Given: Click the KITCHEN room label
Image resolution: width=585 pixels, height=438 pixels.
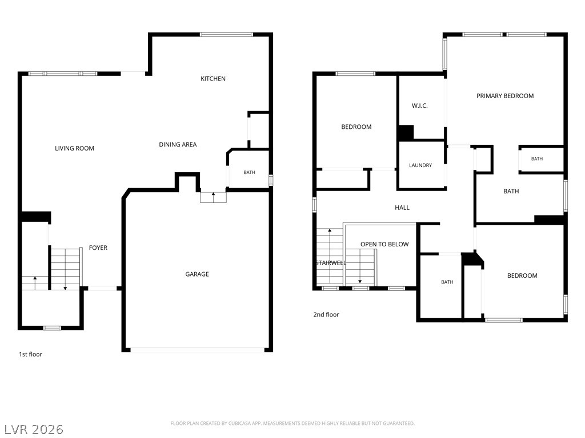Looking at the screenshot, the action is click(213, 79).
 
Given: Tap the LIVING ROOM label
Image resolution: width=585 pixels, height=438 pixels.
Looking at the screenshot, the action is click(74, 148).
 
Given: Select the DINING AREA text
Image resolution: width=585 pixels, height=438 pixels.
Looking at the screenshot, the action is click(178, 144).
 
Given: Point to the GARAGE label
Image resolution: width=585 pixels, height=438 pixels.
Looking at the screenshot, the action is click(197, 274).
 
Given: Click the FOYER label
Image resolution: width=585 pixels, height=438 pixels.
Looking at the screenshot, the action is click(98, 248).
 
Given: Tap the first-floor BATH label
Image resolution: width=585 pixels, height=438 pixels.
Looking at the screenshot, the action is click(249, 172).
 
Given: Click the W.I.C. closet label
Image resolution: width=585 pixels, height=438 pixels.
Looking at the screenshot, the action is click(420, 106).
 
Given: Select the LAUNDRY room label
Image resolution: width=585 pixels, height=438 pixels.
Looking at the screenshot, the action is click(420, 165).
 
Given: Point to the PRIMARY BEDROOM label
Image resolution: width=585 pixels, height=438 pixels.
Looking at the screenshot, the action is click(505, 96).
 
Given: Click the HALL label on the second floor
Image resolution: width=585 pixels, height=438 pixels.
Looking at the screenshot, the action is click(402, 208).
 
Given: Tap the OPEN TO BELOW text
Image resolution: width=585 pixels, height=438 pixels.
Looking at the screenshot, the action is click(384, 244).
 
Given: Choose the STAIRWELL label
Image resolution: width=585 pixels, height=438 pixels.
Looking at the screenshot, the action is click(331, 263).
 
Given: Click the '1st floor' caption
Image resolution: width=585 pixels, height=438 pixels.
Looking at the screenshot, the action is click(31, 354).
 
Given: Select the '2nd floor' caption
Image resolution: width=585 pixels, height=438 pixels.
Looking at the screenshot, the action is click(326, 314).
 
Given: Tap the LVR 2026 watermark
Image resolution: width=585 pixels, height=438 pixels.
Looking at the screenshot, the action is click(34, 429).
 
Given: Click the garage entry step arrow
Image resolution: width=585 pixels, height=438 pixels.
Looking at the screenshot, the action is click(214, 197).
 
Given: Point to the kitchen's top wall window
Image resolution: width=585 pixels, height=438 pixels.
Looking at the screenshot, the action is click(226, 35).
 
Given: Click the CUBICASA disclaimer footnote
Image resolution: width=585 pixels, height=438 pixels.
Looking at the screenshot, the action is click(292, 424).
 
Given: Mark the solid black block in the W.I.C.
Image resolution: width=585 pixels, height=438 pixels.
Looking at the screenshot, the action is click(406, 133).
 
